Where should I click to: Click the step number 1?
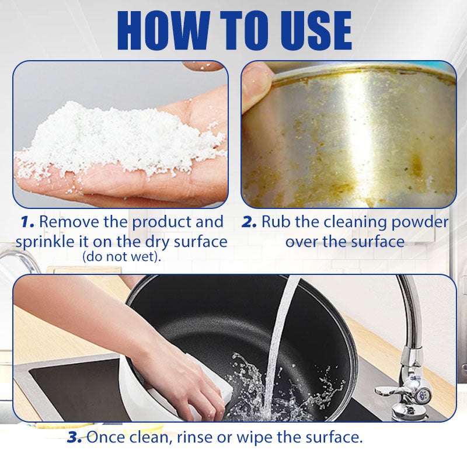(27, 222)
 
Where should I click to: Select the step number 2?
(249, 222)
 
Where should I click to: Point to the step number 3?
(74, 437)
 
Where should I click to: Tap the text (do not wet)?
(122, 256)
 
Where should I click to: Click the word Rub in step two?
(275, 222)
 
